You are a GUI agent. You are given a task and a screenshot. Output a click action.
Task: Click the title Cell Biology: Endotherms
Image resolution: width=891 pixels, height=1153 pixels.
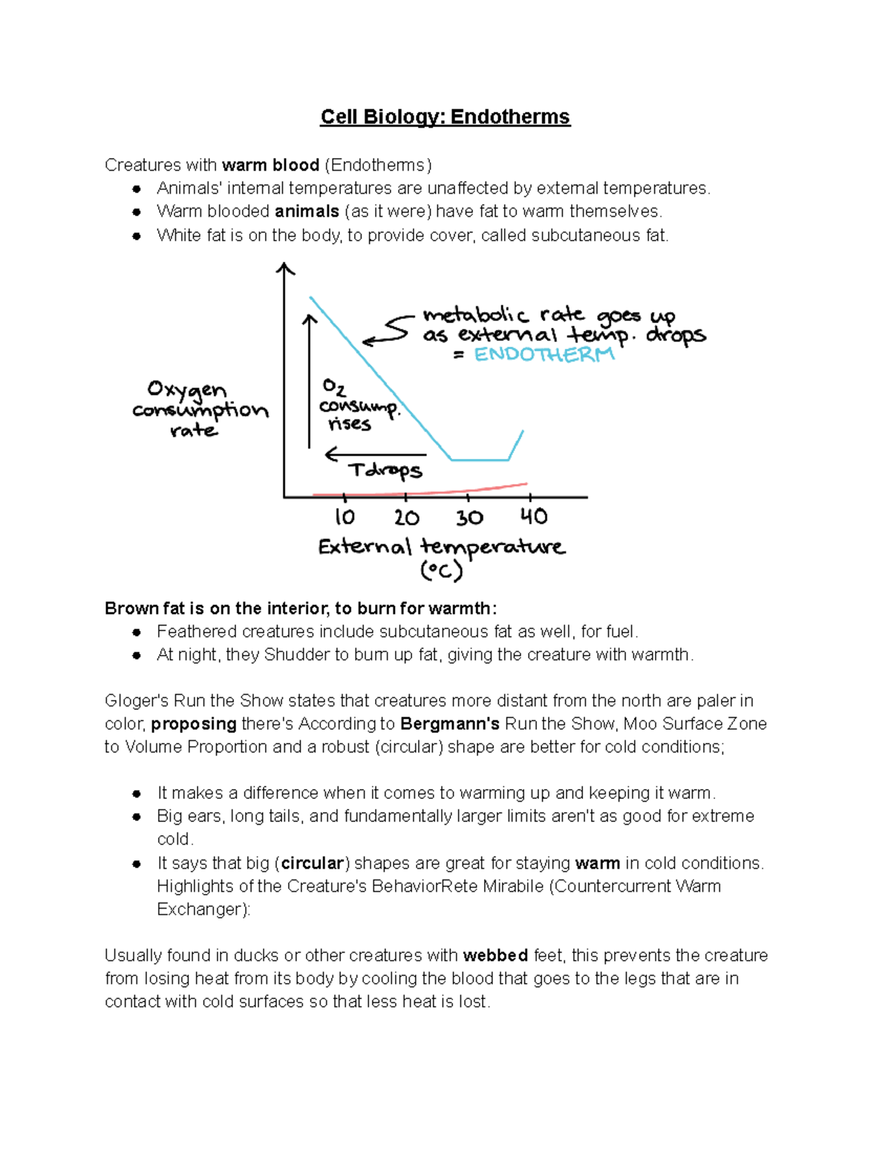click(445, 117)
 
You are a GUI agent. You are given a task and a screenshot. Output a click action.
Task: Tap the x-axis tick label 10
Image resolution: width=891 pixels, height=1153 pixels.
click(345, 517)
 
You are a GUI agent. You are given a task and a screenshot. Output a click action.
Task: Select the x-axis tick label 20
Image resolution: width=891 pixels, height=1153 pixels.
click(406, 517)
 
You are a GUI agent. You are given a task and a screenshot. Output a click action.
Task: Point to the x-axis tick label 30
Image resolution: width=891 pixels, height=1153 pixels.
click(469, 517)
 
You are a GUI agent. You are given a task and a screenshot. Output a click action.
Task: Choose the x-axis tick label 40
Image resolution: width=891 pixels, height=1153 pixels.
click(533, 516)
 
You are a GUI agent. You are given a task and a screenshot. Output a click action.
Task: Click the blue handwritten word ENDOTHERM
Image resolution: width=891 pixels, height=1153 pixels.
click(544, 355)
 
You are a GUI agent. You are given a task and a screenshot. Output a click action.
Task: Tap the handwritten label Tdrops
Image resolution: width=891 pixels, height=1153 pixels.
click(385, 471)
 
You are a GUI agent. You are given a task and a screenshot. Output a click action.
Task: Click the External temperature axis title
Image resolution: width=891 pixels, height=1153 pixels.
click(441, 548)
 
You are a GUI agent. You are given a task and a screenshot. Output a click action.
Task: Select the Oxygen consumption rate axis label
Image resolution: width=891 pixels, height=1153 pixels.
click(199, 410)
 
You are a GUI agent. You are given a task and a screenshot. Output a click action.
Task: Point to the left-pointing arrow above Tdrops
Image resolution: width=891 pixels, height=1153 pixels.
click(375, 454)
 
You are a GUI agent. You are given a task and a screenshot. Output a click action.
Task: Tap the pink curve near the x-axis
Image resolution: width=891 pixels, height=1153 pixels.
click(446, 491)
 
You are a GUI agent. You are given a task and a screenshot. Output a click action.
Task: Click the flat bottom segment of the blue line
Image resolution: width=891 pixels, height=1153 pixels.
click(480, 460)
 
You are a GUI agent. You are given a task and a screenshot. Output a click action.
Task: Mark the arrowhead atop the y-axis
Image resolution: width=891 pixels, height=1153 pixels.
click(285, 268)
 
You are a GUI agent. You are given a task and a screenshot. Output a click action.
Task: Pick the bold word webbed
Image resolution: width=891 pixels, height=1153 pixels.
click(495, 956)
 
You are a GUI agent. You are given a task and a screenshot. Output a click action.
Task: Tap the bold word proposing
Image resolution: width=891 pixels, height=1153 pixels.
click(194, 724)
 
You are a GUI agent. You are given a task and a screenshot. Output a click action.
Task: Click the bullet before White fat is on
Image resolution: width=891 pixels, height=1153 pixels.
click(137, 236)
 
